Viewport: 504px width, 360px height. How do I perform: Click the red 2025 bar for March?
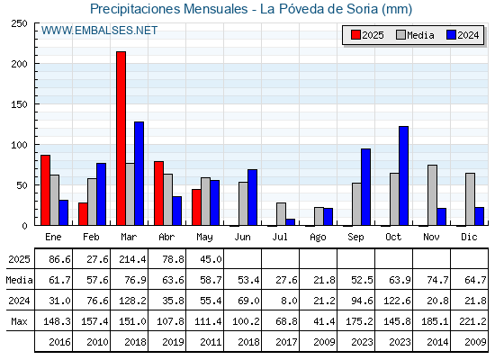[121, 139]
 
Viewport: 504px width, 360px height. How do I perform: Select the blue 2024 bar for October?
[404, 175]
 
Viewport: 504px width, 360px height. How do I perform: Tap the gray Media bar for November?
[432, 195]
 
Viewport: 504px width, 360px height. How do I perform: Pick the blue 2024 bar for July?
[290, 222]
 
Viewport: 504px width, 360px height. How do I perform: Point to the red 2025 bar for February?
[83, 214]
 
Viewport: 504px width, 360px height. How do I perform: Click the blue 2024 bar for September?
[365, 187]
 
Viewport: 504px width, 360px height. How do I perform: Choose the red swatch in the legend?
[355, 35]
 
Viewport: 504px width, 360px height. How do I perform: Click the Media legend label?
[420, 35]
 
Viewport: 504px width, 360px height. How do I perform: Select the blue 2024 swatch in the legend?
[451, 35]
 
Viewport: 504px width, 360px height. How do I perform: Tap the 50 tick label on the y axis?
[22, 185]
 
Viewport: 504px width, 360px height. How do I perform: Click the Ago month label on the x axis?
[318, 238]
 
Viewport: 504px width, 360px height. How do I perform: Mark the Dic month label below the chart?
[469, 237]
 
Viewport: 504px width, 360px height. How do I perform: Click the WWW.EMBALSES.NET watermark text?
[99, 31]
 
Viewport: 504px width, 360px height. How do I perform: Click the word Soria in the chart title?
[362, 9]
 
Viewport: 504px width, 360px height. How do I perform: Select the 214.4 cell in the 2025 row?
[132, 259]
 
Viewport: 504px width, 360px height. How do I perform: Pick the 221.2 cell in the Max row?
[472, 321]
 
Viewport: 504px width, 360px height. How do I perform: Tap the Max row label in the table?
[19, 321]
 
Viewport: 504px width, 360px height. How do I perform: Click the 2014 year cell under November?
[437, 342]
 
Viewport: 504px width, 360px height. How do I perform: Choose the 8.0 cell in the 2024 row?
[289, 301]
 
